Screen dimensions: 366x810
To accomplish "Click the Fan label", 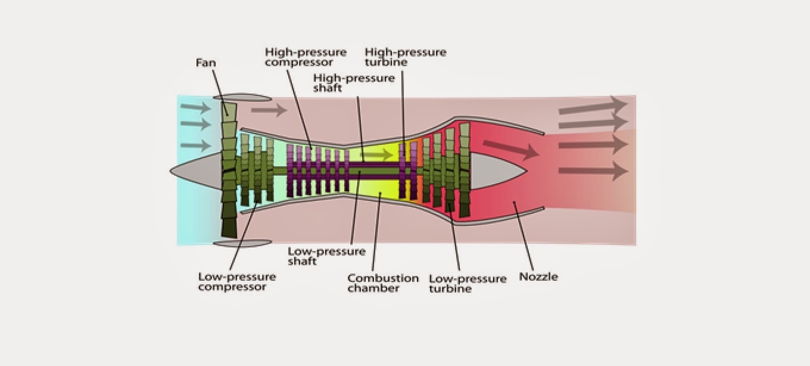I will click(x=205, y=62).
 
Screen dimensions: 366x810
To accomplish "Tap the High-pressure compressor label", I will click(x=306, y=57).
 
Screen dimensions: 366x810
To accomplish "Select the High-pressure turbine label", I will click(x=406, y=57).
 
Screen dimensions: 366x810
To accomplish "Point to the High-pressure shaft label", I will click(x=354, y=83).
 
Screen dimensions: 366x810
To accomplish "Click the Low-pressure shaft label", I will click(x=326, y=256).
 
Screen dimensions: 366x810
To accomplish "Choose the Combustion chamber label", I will click(x=383, y=283).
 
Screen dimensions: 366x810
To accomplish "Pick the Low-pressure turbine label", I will click(x=467, y=283).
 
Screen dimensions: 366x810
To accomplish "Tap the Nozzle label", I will click(x=538, y=277).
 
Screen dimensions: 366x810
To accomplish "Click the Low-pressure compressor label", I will click(x=236, y=281).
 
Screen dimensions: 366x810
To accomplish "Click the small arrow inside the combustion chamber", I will click(x=378, y=155).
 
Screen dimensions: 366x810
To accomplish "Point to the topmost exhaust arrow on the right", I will click(x=593, y=107).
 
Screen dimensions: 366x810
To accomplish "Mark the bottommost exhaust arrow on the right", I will click(x=593, y=171).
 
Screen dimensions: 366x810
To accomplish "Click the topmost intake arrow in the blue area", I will click(x=196, y=108).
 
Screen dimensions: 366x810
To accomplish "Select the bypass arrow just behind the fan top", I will click(x=268, y=110).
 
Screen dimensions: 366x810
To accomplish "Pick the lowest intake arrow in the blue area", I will click(x=196, y=145).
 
